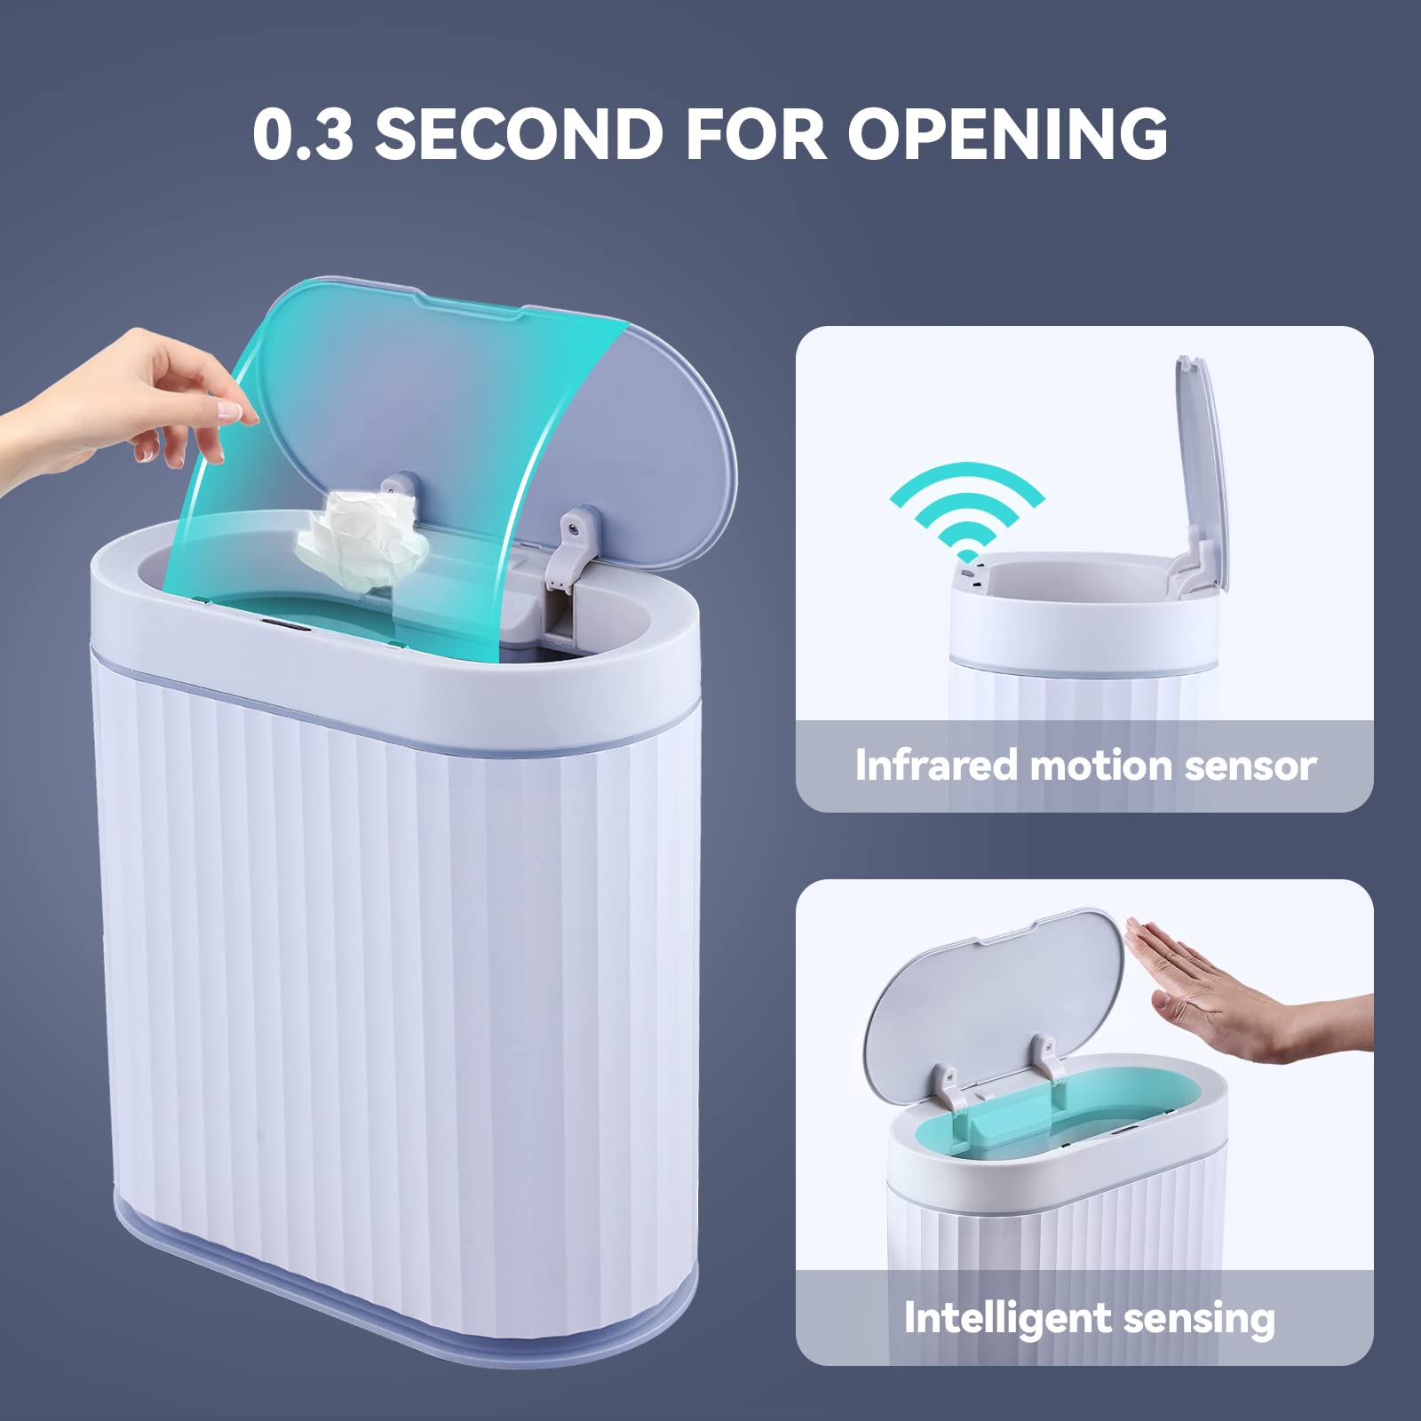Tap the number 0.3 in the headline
tap(303, 134)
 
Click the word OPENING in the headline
tap(1007, 134)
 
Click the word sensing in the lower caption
tap(1199, 1320)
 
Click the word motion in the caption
tap(1100, 765)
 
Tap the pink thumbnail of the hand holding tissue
tap(228, 409)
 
